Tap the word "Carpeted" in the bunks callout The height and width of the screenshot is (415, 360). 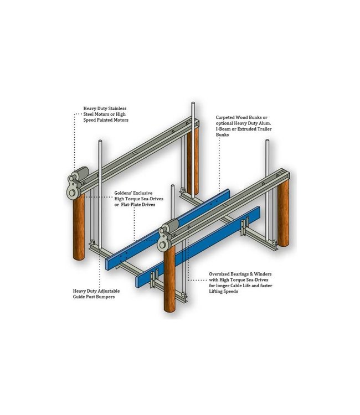pos(228,118)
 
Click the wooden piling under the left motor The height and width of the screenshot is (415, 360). pos(79,227)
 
